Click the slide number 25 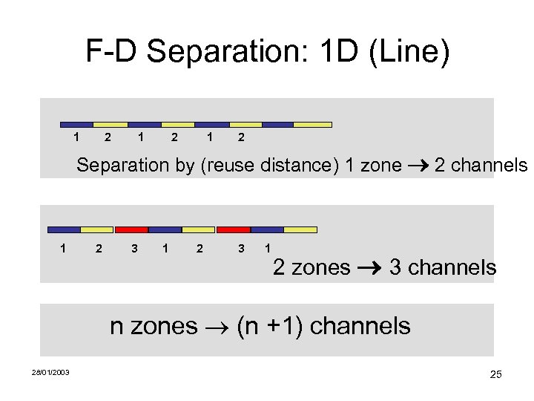(x=495, y=374)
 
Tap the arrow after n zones (x=217, y=326)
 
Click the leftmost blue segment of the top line (x=76, y=125)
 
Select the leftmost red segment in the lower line (x=131, y=229)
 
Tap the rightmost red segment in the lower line (x=233, y=229)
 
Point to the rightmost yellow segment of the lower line (x=300, y=229)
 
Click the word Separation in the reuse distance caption (x=123, y=165)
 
